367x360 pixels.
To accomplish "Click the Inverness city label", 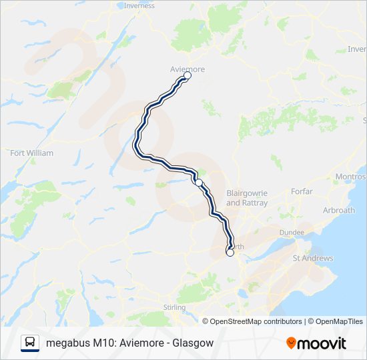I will point(139,6).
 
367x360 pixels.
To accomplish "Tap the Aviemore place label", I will point(187,69).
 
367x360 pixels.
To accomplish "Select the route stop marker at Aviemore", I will point(187,76).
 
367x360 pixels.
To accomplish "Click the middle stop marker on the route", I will point(198,182).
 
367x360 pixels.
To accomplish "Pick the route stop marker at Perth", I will point(230,253).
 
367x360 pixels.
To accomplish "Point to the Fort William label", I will point(31,153).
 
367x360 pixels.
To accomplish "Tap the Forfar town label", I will point(302,191).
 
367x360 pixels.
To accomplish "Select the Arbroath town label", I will point(338,210).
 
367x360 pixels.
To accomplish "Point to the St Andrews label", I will point(308,257).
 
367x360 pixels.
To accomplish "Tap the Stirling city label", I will point(174,307).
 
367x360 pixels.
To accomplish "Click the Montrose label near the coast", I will point(352,177).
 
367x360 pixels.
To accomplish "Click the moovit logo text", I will point(322,343).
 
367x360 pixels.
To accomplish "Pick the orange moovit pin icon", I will point(291,343).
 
